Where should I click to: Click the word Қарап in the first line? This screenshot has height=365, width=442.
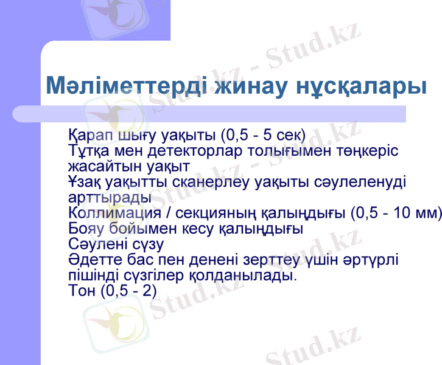click(86, 134)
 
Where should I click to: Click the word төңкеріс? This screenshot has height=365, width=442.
click(366, 150)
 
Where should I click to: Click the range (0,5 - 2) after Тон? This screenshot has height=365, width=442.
click(129, 291)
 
